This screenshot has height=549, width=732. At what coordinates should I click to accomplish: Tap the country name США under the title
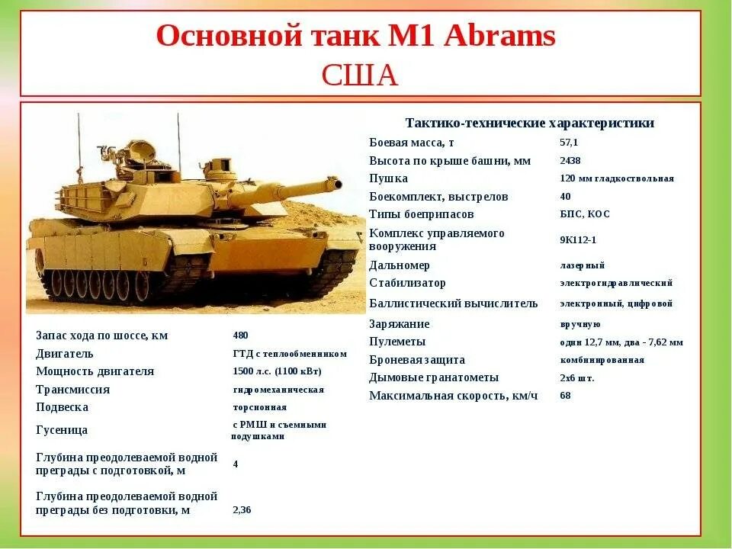[360, 75]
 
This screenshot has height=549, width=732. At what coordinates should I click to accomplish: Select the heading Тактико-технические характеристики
[529, 123]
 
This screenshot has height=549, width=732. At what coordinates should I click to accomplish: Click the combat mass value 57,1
[569, 143]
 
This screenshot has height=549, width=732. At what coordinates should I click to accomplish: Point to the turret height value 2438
[570, 161]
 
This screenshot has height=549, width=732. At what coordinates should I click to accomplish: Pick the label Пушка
[388, 178]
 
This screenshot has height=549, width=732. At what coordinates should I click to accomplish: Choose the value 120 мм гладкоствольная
[616, 178]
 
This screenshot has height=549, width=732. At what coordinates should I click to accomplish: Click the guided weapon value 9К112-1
[578, 239]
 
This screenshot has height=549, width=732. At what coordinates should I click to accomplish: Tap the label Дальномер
[400, 265]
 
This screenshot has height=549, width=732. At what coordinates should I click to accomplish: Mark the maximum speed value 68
[565, 395]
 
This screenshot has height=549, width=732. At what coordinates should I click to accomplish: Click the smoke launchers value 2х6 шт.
[576, 377]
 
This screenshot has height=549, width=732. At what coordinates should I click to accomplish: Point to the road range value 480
[240, 335]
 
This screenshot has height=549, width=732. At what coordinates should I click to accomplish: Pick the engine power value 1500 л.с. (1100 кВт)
[277, 371]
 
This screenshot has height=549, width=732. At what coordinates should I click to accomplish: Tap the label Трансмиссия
[72, 390]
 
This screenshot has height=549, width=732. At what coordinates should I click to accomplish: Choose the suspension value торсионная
[260, 407]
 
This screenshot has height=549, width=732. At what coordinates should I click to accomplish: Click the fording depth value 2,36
[242, 509]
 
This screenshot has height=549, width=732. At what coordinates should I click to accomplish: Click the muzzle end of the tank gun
[335, 183]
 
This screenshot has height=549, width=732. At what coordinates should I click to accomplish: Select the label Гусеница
[62, 430]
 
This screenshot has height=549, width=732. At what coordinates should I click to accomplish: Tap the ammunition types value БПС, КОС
[585, 214]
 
